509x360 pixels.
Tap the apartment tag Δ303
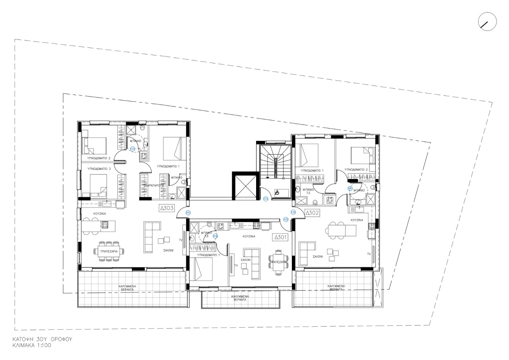pyautogui.click(x=167, y=208)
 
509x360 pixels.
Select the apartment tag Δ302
pyautogui.click(x=313, y=213)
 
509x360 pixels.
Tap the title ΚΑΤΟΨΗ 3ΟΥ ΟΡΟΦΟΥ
pyautogui.click(x=42, y=339)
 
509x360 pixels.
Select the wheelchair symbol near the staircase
pyautogui.click(x=278, y=193)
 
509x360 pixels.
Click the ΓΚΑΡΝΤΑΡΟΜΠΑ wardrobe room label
pyautogui.click(x=153, y=185)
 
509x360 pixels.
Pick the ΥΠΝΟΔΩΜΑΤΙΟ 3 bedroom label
pyautogui.click(x=99, y=169)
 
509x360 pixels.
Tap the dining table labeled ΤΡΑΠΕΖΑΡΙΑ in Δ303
pyautogui.click(x=109, y=251)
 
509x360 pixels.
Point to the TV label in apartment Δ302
pyautogui.click(x=369, y=253)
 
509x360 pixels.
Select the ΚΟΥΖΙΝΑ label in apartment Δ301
pyautogui.click(x=249, y=236)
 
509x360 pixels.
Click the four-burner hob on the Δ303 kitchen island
pyautogui.click(x=105, y=225)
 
